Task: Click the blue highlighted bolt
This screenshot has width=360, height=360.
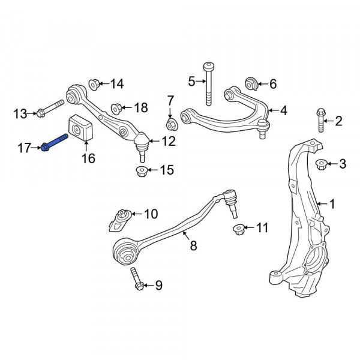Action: click(x=55, y=142)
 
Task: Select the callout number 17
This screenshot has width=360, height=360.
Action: click(x=24, y=148)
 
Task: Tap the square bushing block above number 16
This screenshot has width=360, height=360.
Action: click(x=80, y=128)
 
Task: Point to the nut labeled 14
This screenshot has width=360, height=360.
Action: click(x=94, y=85)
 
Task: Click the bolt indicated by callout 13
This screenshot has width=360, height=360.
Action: click(x=50, y=109)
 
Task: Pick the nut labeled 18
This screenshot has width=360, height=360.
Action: click(x=116, y=109)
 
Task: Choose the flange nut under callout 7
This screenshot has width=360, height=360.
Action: click(x=171, y=125)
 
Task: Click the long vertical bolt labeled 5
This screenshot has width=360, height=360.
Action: click(x=208, y=83)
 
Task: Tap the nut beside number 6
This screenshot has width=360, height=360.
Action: click(x=252, y=84)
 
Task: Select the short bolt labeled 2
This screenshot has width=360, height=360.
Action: click(x=321, y=121)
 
